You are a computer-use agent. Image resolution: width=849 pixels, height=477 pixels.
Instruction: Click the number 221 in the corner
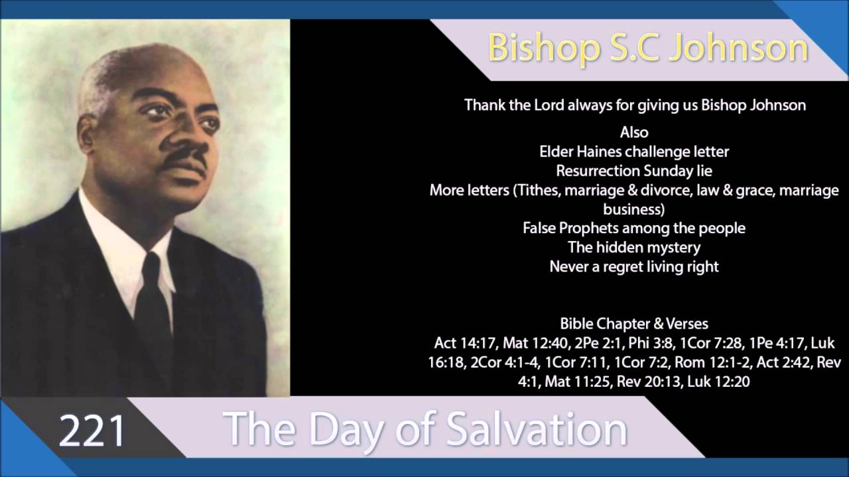click(x=92, y=431)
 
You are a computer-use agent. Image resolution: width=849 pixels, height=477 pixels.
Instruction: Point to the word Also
click(x=634, y=132)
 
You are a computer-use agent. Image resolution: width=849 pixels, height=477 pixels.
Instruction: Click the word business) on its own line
click(x=634, y=209)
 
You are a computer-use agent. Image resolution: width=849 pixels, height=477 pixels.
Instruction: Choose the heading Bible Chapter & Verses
click(x=634, y=324)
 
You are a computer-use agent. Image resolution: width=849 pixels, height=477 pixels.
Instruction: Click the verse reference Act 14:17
click(x=466, y=343)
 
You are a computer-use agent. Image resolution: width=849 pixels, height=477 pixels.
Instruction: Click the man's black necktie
click(x=153, y=311)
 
